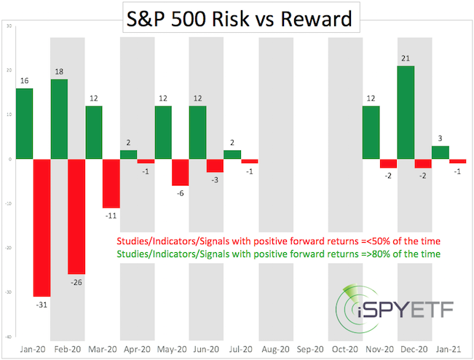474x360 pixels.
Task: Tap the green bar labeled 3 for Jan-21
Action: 441,152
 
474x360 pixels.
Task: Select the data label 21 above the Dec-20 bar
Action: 406,58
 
